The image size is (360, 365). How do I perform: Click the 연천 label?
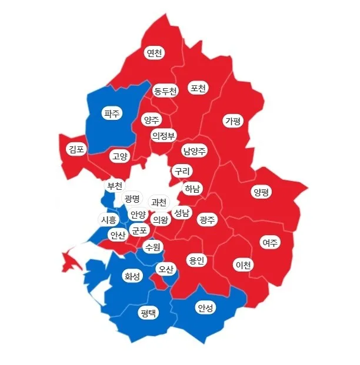pyautogui.click(x=154, y=53)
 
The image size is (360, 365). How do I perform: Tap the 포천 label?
pyautogui.click(x=198, y=88)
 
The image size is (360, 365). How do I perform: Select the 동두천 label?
pyautogui.click(x=165, y=91)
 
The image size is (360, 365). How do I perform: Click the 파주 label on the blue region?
pyautogui.click(x=111, y=113)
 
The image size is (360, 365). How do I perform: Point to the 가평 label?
pyautogui.click(x=233, y=121)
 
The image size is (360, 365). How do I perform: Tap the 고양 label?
pyautogui.click(x=119, y=156)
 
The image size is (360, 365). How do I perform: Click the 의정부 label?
pyautogui.click(x=163, y=136)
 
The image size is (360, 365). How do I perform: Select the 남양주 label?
pyautogui.click(x=194, y=150)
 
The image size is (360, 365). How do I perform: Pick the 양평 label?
pyautogui.click(x=261, y=192)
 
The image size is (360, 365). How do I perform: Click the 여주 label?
pyautogui.click(x=270, y=242)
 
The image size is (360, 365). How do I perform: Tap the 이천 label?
pyautogui.click(x=243, y=265)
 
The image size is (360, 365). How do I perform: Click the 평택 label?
pyautogui.click(x=148, y=313)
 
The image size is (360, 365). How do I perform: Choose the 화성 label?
pyautogui.click(x=132, y=276)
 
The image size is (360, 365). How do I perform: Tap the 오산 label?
pyautogui.click(x=166, y=269)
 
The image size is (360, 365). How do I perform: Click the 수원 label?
pyautogui.click(x=152, y=246)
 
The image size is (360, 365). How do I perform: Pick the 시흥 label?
pyautogui.click(x=109, y=219)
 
